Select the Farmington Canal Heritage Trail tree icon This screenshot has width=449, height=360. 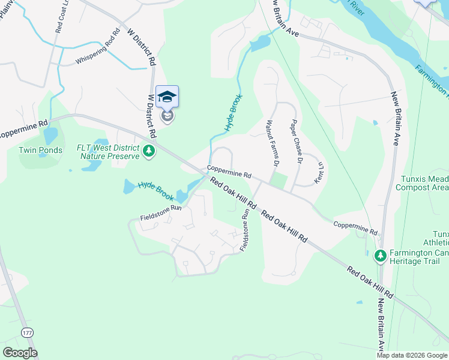[379, 257]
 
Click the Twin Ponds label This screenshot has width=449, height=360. [40, 150]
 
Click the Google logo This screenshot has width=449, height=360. [20, 353]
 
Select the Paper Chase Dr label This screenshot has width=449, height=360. [295, 140]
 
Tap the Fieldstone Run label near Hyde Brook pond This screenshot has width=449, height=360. [160, 208]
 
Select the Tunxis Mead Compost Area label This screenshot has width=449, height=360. [422, 183]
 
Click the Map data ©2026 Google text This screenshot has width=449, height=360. [412, 355]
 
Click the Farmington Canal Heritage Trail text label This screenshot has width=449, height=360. [419, 257]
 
